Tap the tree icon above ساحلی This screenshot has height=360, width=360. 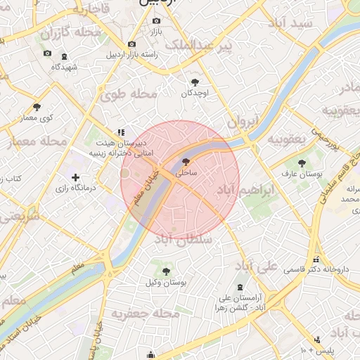pos(186,162)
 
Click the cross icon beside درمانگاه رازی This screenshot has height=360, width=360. pos(75,178)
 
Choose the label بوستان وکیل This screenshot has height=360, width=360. pos(166,282)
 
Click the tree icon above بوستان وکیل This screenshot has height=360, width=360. pos(166,271)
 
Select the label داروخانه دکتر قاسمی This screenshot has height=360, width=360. pos(316,269)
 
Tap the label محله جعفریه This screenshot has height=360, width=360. pos(142,313)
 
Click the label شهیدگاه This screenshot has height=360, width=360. pos(64,67)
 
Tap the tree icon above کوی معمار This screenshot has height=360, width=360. pos(37,107)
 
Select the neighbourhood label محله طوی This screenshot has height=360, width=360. pos(128,94)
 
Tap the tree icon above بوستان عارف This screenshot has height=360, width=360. pos(302,162)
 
